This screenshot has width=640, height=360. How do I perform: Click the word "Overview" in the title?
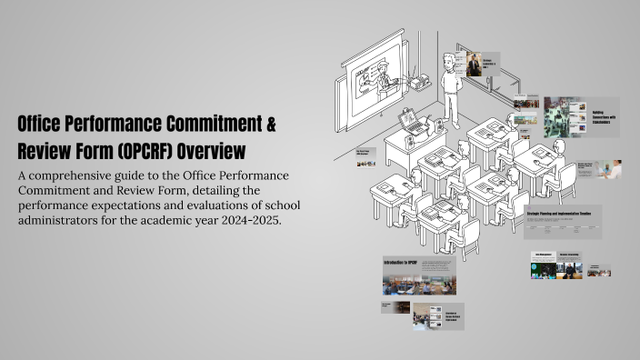pyautogui.click(x=213, y=149)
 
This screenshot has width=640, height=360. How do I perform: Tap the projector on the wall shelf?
pyautogui.click(x=420, y=83)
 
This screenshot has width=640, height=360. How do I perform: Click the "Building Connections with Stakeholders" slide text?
pyautogui.click(x=605, y=115)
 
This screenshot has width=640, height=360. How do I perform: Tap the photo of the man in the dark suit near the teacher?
pyautogui.click(x=474, y=64)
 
